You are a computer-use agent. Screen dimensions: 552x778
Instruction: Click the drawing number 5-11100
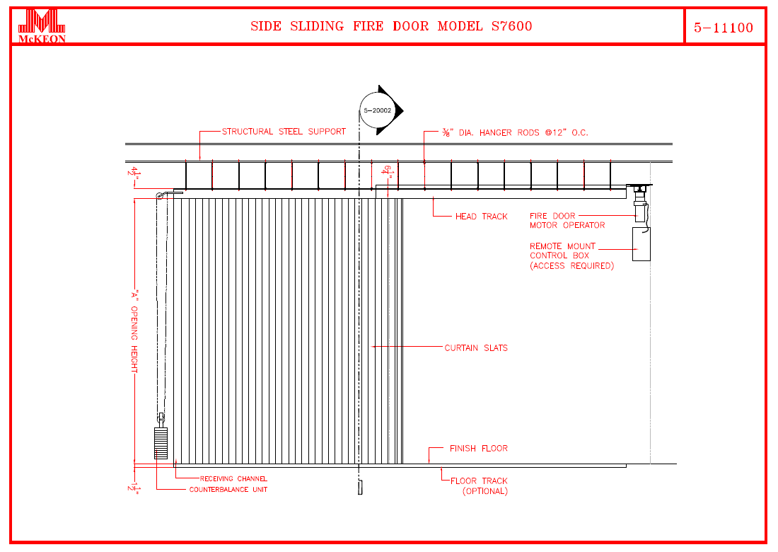724,28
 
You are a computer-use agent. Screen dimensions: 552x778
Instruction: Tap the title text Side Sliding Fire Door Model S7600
391,27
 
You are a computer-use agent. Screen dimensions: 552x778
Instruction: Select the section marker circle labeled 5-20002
378,110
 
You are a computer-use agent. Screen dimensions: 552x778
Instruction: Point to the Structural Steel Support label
284,132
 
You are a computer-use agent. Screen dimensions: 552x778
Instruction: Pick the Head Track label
481,217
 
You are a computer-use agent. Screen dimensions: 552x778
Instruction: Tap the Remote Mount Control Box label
571,256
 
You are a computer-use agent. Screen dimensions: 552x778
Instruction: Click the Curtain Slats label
476,348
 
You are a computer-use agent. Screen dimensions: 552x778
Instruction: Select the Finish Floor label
478,449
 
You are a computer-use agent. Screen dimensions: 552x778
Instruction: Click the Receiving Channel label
233,479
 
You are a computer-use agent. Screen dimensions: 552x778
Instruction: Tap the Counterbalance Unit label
228,490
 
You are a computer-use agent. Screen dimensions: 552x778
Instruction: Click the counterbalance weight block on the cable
161,443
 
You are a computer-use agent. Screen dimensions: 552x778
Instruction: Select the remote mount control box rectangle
641,244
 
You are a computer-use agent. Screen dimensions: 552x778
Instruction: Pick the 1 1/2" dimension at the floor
132,488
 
